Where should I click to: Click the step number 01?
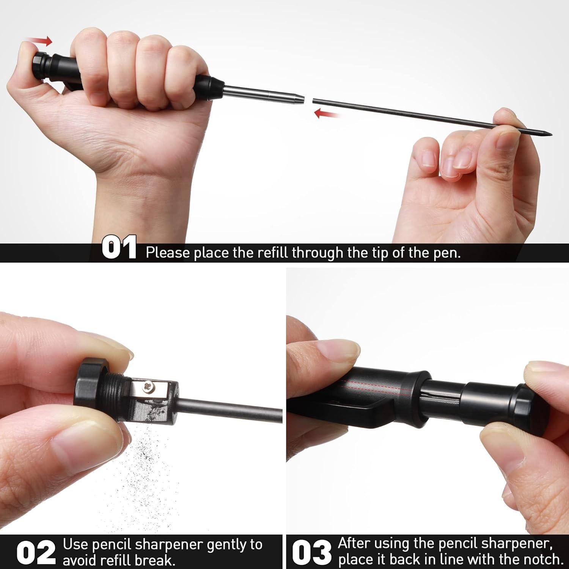click(x=119, y=248)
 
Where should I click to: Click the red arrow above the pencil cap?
click(x=41, y=41)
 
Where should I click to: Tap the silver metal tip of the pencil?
click(x=266, y=95)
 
